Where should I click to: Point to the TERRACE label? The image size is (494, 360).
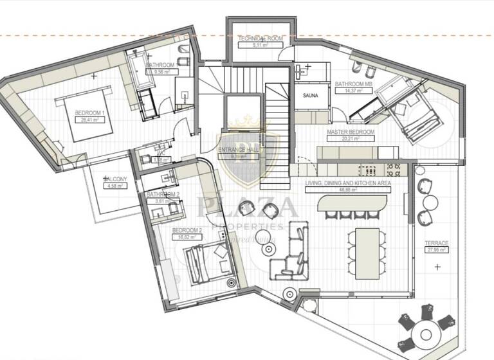pos(436,244)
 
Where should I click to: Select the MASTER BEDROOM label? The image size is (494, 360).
pos(350,132)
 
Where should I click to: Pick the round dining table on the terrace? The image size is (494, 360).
pos(425,333)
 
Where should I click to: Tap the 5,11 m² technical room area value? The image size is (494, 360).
pos(259,46)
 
